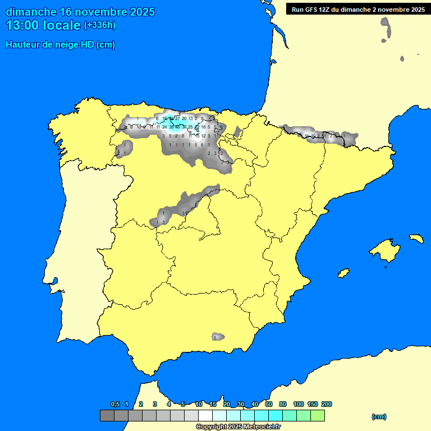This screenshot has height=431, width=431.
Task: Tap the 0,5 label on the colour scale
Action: [x=115, y=404]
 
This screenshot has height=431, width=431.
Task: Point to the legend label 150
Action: [x=313, y=404]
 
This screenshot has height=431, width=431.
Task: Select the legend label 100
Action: [x=299, y=404]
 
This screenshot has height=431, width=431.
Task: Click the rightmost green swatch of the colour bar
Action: [x=318, y=416]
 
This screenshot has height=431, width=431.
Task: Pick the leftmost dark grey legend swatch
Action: [x=107, y=416]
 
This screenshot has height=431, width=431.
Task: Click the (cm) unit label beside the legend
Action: [x=379, y=416]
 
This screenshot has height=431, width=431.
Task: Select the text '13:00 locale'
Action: [x=43, y=25]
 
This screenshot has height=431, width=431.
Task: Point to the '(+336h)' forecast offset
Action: [x=99, y=25]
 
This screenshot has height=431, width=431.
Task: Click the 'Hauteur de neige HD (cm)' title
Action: [x=60, y=45]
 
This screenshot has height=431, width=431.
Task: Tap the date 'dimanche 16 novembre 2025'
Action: [x=80, y=12]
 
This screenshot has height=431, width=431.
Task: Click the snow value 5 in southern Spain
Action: [x=215, y=337]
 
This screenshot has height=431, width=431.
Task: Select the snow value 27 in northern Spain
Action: [x=177, y=118]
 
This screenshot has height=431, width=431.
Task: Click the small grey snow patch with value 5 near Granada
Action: [x=218, y=337]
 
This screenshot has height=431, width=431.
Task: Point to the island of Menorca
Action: [x=416, y=238]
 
